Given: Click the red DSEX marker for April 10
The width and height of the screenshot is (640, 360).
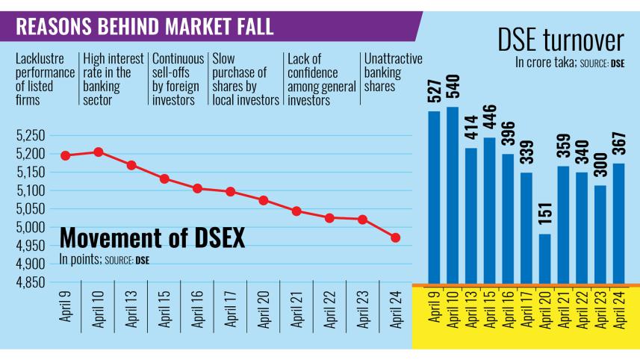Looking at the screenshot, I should (x=99, y=152).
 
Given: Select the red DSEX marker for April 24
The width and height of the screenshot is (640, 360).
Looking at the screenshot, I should (x=396, y=238).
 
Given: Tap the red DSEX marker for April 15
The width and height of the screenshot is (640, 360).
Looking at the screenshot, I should (x=164, y=179).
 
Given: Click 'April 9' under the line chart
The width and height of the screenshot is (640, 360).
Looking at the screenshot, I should (x=66, y=313).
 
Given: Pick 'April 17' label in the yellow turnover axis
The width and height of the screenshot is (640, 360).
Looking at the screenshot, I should (x=527, y=316).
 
